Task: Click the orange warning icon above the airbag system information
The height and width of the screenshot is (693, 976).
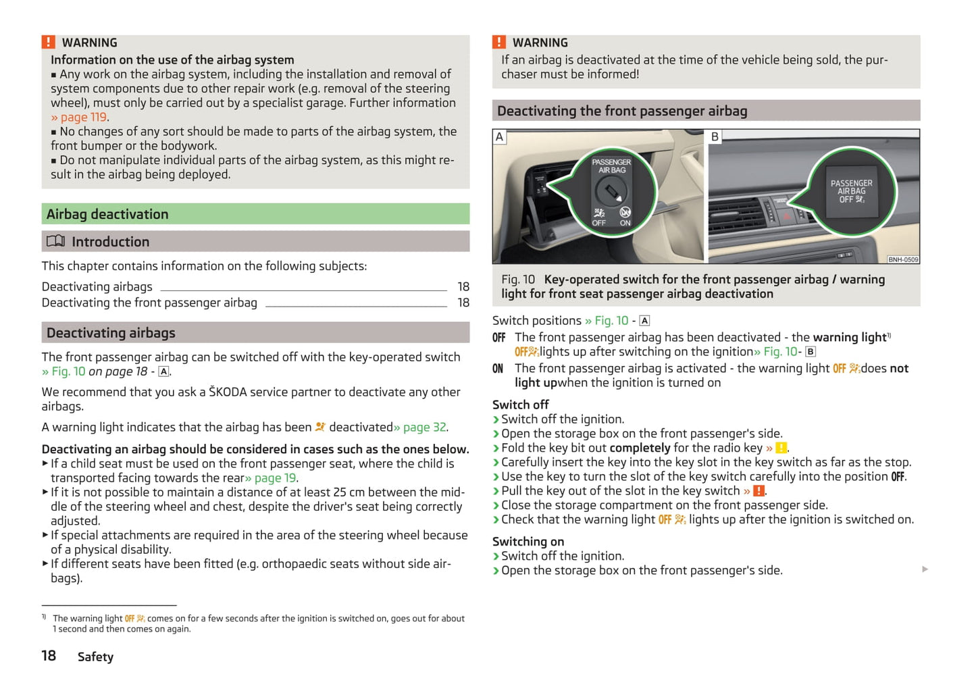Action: [x=49, y=43]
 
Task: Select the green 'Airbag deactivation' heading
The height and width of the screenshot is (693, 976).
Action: [x=107, y=214]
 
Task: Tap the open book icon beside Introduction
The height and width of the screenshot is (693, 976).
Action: [x=55, y=241]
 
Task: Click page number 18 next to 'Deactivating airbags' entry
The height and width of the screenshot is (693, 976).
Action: [x=463, y=286]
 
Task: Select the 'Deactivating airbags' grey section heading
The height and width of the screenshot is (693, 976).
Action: [x=111, y=332]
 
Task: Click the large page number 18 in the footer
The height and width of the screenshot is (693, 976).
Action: [x=49, y=656]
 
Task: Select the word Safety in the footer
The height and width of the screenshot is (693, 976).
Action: [x=95, y=657]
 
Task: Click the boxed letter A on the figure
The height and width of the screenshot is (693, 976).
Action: [x=500, y=136]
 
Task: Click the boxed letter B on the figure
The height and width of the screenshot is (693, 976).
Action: [x=715, y=136]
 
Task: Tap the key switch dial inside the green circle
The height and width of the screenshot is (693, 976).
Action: [x=611, y=194]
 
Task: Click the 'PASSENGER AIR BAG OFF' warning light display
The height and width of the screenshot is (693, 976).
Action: [x=851, y=191]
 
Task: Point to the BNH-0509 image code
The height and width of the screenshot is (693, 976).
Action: [x=902, y=259]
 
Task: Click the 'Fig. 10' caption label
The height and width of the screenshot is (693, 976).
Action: [x=518, y=280]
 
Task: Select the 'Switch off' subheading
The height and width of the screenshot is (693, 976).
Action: [x=520, y=405]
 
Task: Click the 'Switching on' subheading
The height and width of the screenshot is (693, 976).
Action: [x=528, y=541]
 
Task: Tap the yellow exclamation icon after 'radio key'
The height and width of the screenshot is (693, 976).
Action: [x=781, y=448]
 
